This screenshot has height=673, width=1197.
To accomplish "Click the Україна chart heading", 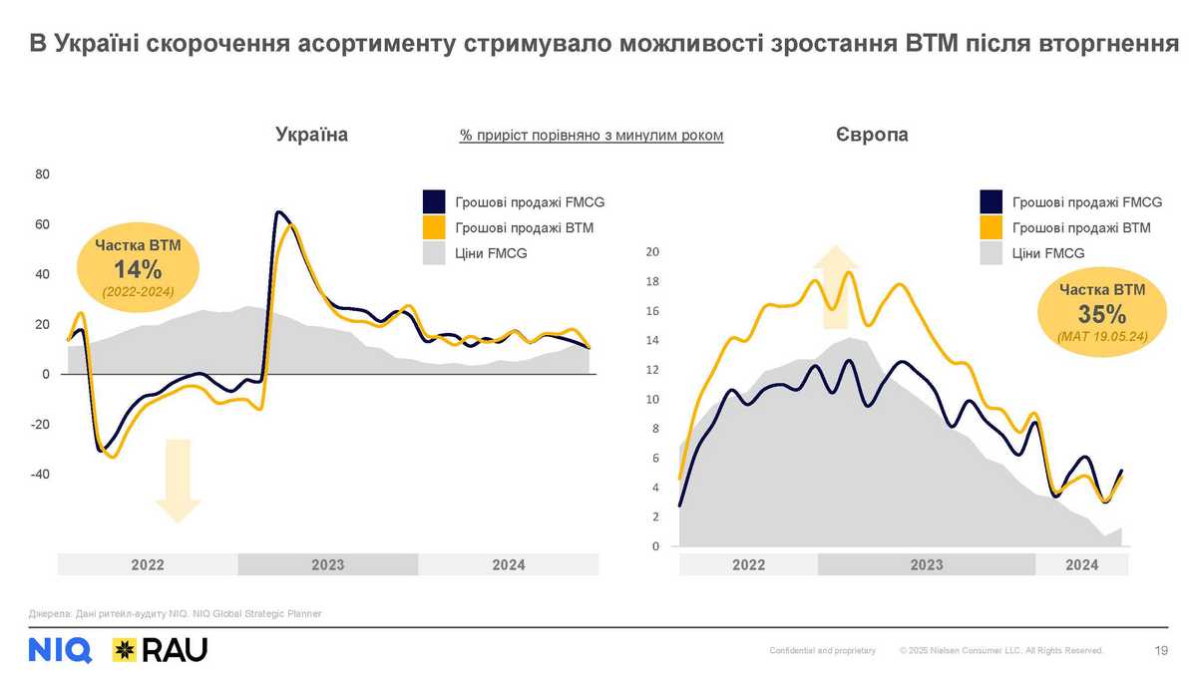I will pos(311,135).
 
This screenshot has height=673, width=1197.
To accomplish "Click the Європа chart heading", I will pos(873,135).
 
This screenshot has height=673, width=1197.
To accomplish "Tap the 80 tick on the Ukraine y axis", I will pos(43,174).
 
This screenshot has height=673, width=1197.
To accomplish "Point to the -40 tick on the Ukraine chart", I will pos(39,475).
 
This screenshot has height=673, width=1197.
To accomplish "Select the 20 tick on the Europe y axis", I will pos(653,252).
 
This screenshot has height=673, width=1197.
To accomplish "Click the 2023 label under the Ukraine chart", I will pos(327,565).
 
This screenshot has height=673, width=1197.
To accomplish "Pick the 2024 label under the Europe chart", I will pos(1081,565).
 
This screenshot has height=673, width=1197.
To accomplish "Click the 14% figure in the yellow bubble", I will pos(138,269).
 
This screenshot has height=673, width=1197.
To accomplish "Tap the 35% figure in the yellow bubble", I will pos(1101,315).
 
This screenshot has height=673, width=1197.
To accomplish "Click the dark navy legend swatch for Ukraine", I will pos(434,202).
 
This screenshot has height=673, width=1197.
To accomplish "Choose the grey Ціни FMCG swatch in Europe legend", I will pos(991,253).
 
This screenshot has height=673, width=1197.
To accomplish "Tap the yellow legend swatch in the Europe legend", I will pos(991,228).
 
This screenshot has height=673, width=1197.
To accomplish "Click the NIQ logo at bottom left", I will pos(61,650).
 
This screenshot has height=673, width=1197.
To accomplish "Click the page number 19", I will pos(1160,651).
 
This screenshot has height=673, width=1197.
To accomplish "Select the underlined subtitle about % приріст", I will pos(591,136).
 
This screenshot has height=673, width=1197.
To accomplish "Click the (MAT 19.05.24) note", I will pos(1101,338).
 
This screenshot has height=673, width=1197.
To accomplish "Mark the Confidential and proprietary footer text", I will pos(822,651).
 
